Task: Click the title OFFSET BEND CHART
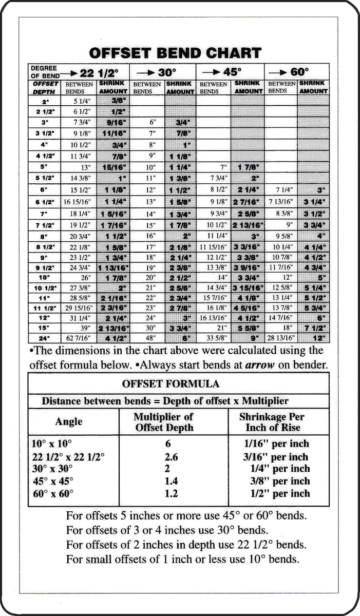175,53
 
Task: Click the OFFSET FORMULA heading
178,383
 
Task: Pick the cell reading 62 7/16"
78,338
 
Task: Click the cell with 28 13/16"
281,338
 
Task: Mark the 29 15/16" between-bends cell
78,308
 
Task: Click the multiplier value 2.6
172,457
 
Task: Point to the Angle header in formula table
69,421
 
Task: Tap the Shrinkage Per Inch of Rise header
277,421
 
